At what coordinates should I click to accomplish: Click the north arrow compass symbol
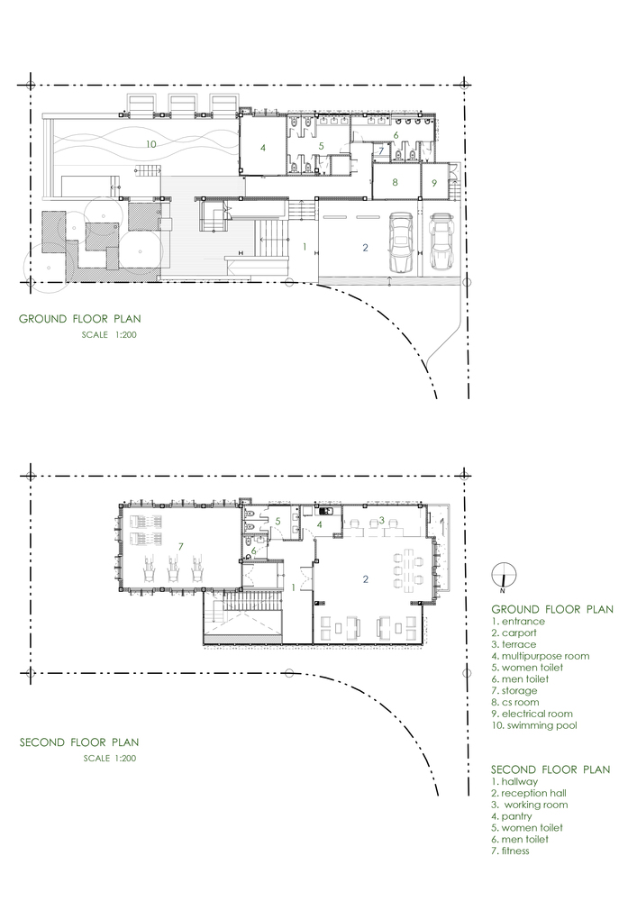click(504, 577)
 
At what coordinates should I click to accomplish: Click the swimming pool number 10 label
click(150, 144)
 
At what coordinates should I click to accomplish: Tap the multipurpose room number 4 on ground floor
click(263, 148)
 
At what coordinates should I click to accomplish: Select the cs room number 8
click(396, 183)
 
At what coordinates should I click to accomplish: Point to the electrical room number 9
click(434, 183)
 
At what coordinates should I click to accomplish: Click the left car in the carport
click(400, 241)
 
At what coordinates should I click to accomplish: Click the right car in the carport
click(441, 241)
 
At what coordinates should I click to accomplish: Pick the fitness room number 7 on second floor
click(180, 547)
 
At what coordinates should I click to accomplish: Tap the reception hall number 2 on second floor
click(366, 579)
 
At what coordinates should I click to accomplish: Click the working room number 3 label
click(381, 521)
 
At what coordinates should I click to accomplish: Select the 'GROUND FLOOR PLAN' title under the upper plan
click(80, 319)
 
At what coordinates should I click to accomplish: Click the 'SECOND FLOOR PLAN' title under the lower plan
click(79, 742)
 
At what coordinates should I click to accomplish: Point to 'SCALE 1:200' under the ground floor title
click(109, 334)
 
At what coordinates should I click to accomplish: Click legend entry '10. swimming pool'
click(534, 725)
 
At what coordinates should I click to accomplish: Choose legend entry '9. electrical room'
click(532, 714)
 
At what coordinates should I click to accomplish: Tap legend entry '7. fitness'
click(510, 851)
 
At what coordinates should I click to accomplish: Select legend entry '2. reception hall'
click(529, 793)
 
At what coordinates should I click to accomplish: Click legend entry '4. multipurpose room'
click(540, 656)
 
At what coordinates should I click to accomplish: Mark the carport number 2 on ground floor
click(365, 248)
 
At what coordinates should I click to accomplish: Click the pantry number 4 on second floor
click(319, 524)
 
